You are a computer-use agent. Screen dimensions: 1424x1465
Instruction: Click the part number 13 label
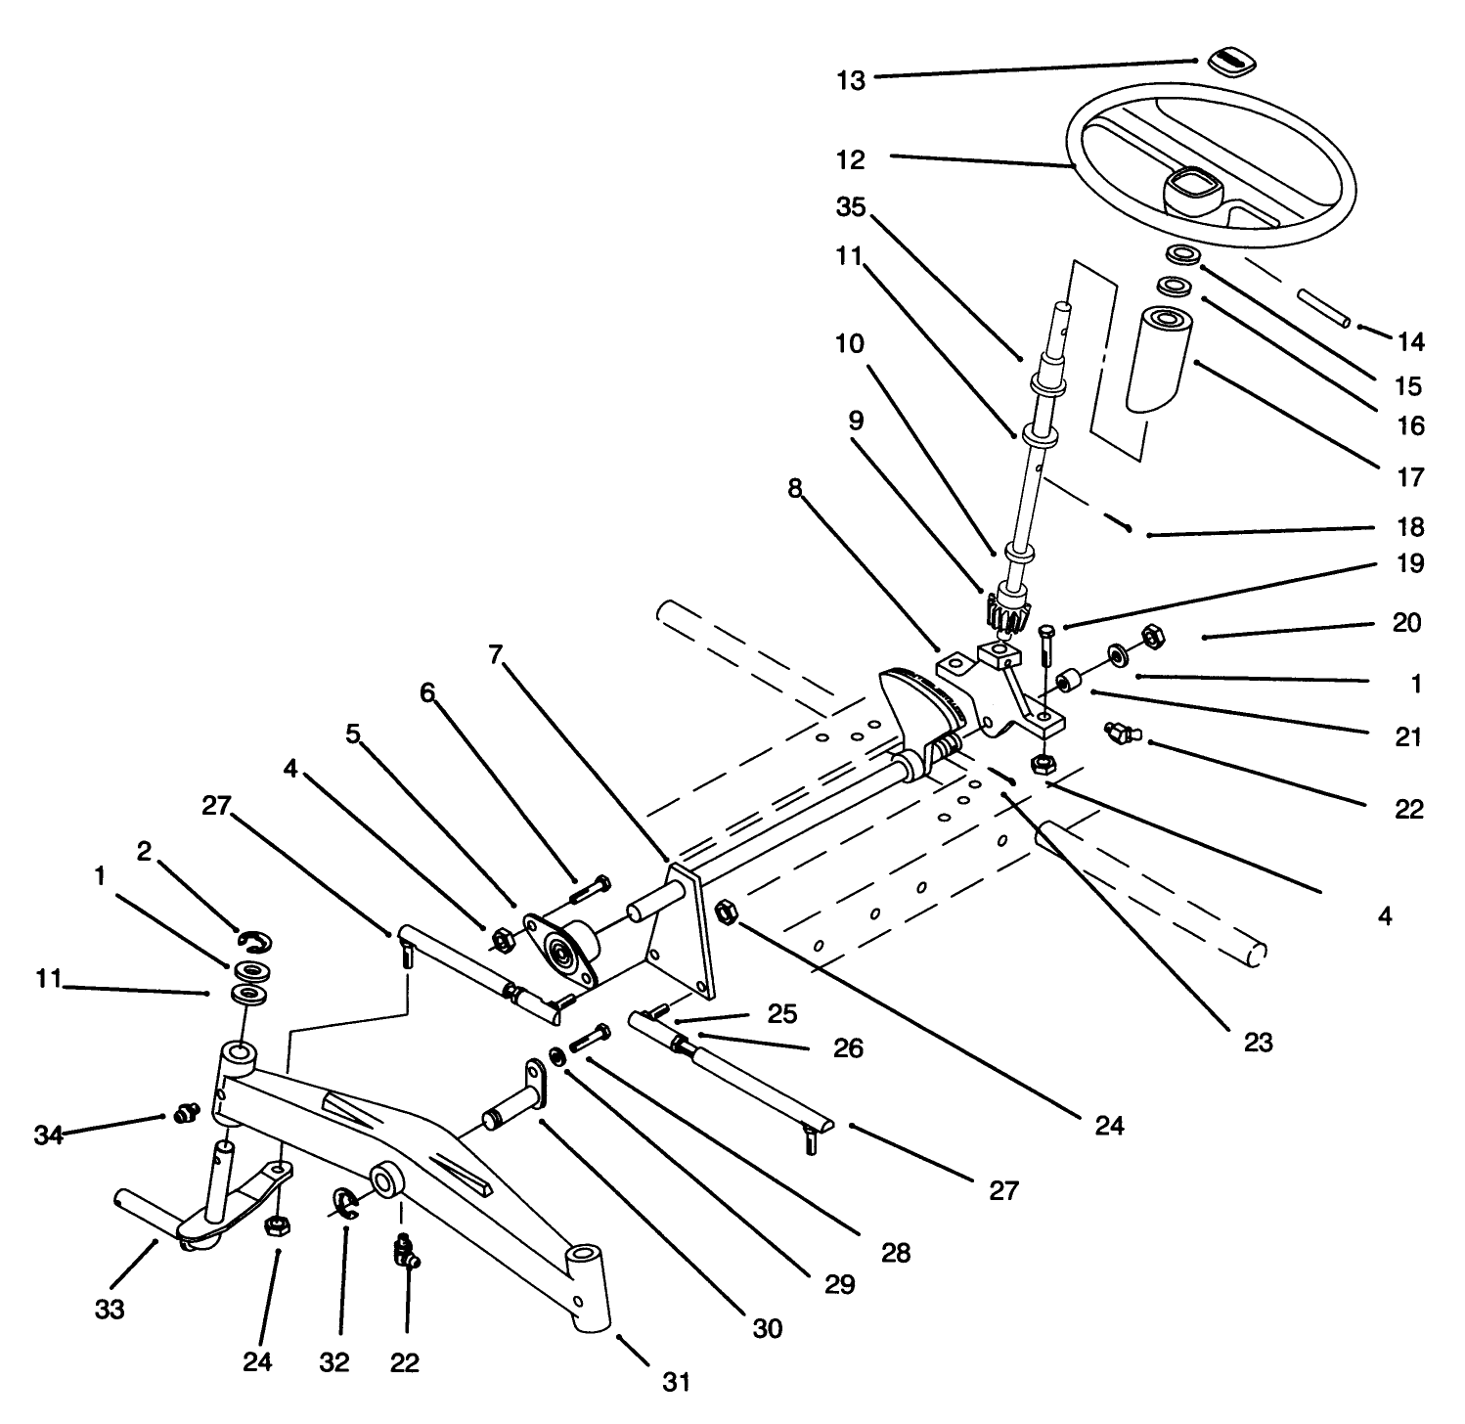click(851, 80)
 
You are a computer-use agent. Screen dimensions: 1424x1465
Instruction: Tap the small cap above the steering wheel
click(1230, 61)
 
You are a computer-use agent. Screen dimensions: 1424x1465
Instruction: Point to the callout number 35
click(851, 207)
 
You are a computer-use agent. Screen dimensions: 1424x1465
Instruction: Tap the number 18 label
click(1410, 527)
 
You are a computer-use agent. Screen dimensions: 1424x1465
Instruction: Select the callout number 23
click(1258, 1043)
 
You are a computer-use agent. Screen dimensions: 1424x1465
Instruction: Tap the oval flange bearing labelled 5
click(560, 953)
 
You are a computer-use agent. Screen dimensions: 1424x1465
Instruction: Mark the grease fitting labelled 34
click(184, 1112)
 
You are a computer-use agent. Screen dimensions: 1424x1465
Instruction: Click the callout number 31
click(677, 1382)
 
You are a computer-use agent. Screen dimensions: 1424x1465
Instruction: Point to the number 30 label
click(768, 1328)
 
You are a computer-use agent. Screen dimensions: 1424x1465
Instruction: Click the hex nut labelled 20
click(1151, 636)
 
